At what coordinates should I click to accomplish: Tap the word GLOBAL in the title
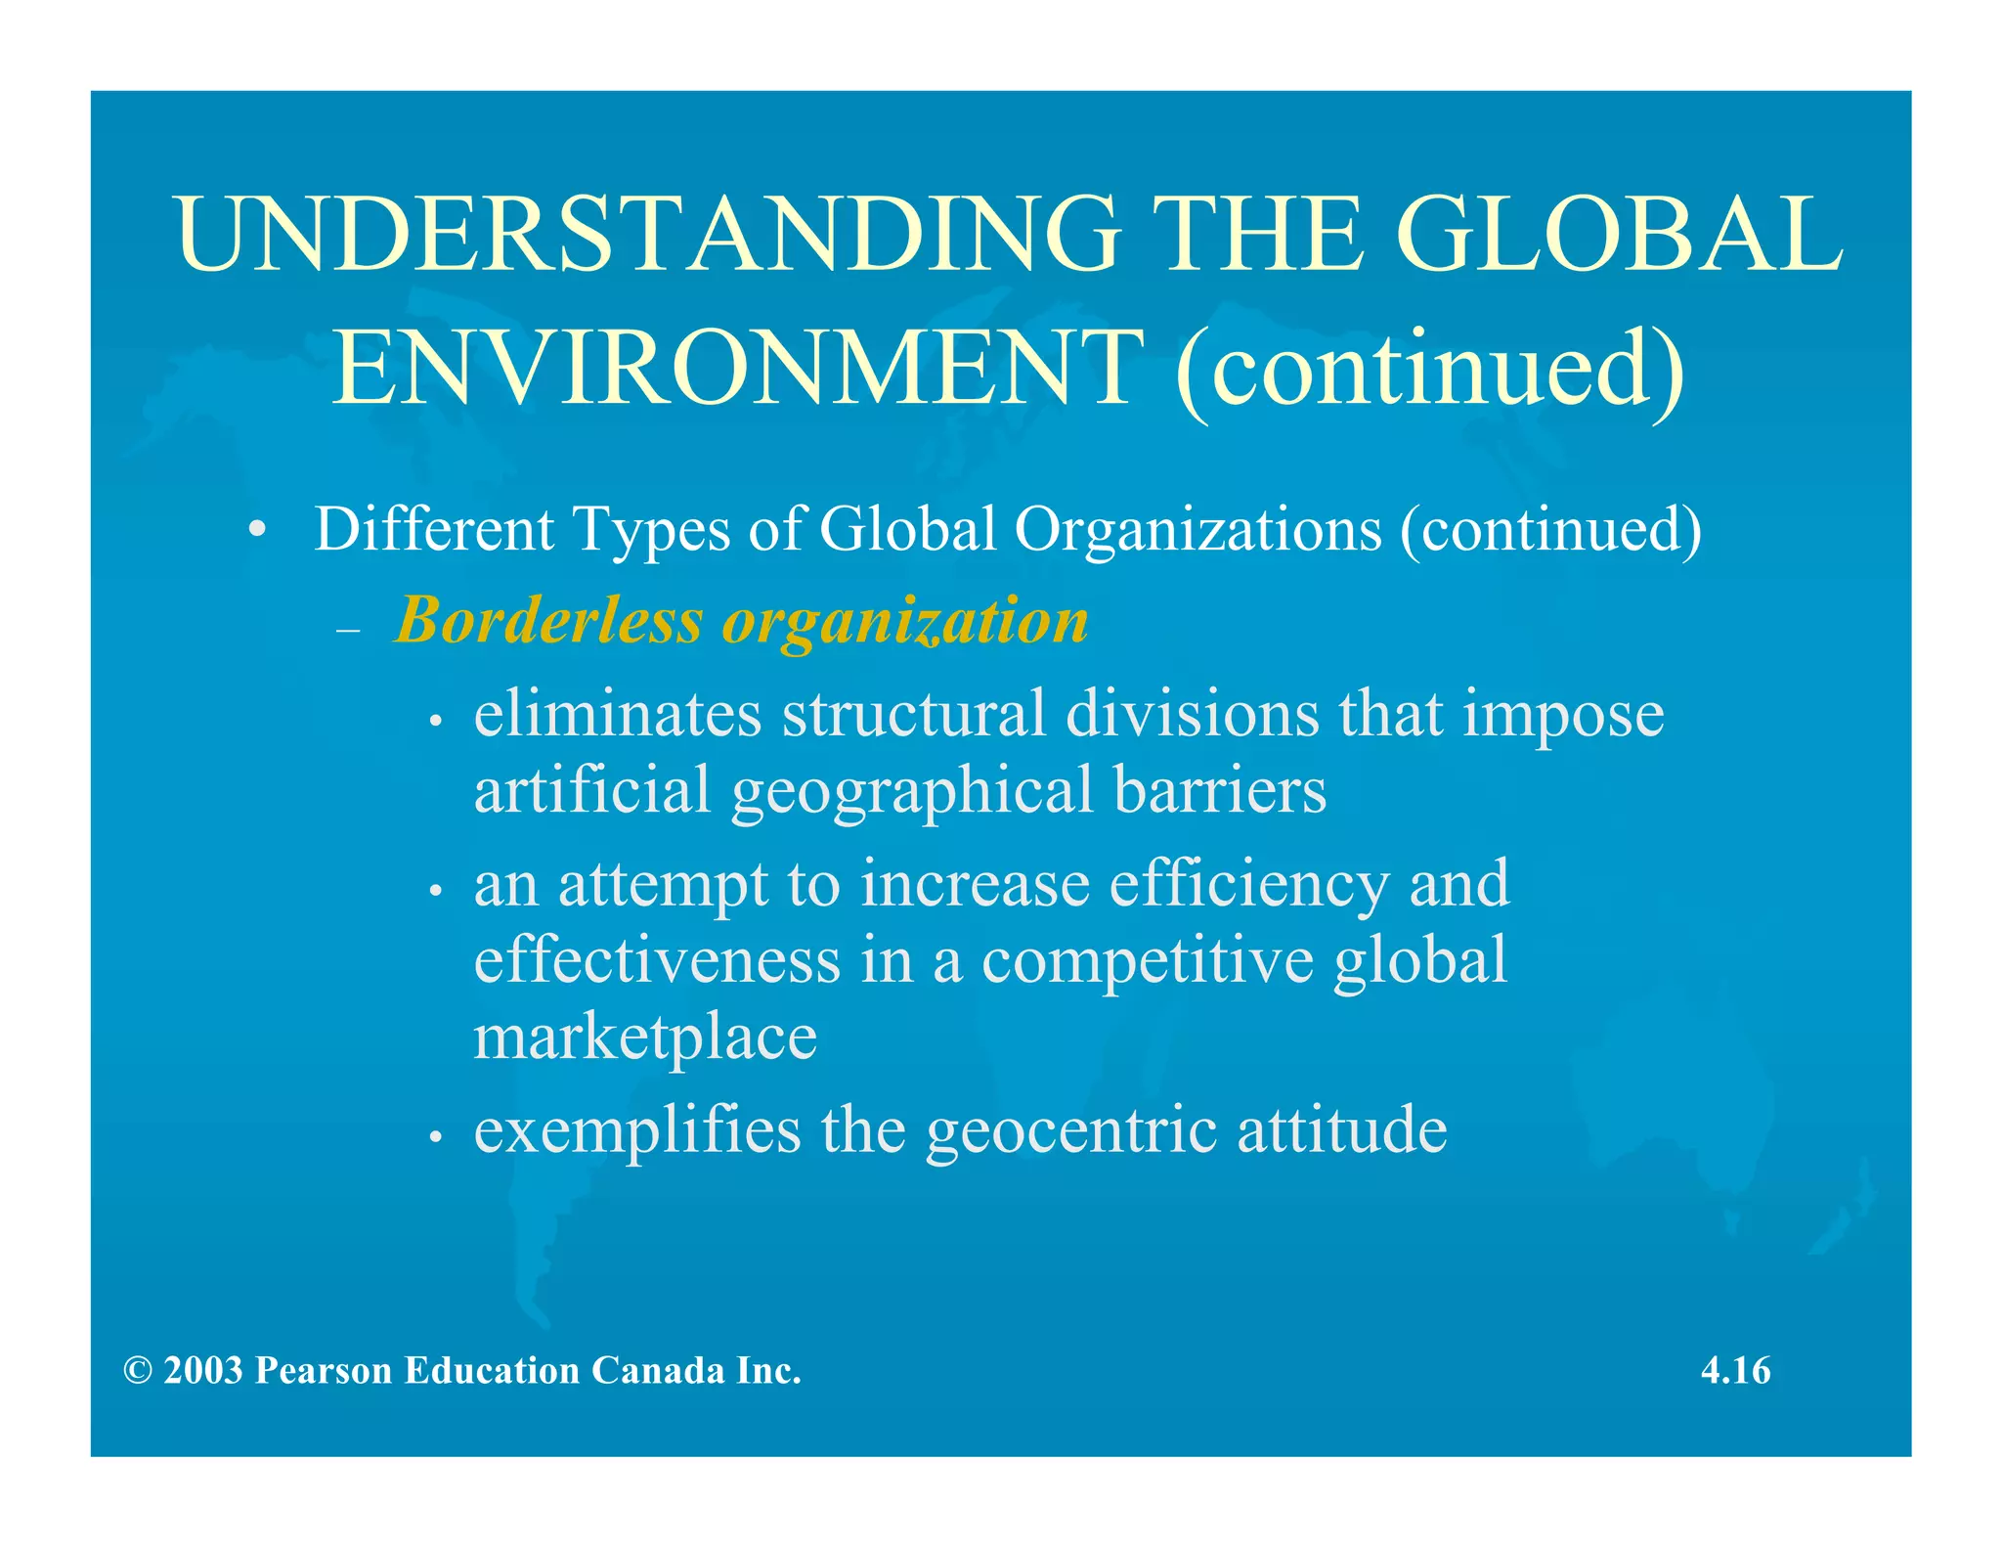point(1619,234)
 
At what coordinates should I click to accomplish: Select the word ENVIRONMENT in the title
point(738,369)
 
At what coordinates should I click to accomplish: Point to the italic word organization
point(905,622)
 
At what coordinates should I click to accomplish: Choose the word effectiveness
point(657,959)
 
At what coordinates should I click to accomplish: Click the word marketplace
point(645,1037)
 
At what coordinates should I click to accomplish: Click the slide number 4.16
point(1735,1370)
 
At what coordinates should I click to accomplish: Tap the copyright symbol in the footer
point(138,1371)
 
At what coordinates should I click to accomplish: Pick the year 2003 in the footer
point(203,1371)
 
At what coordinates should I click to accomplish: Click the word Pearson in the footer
point(324,1371)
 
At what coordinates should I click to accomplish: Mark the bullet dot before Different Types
point(256,531)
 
